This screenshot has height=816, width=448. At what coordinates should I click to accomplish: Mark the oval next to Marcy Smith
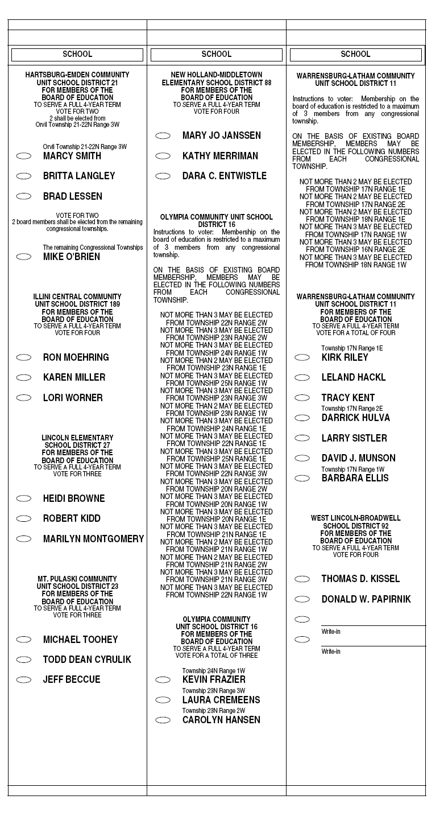[x=24, y=156]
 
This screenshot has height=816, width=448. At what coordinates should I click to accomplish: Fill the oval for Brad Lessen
[x=24, y=196]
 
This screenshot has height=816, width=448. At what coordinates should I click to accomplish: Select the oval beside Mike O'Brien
[x=24, y=257]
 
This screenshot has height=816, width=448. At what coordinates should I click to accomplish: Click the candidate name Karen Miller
[x=74, y=377]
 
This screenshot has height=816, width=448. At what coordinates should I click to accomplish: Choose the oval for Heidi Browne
[x=24, y=498]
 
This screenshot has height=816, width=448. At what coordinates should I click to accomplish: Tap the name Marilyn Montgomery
[x=93, y=539]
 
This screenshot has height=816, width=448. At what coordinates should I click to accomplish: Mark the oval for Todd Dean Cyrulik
[x=24, y=660]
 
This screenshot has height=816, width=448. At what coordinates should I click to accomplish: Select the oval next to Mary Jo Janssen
[x=163, y=136]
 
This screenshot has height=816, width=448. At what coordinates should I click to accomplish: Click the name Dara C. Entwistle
[x=224, y=176]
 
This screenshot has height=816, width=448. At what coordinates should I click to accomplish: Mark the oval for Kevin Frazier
[x=163, y=680]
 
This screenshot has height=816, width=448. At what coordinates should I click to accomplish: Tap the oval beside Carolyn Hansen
[x=163, y=720]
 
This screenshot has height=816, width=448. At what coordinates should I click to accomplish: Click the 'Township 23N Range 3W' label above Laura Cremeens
[x=213, y=691]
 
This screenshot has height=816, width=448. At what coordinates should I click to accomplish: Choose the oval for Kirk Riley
[x=302, y=357]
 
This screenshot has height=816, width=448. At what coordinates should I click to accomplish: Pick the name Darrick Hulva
[x=355, y=418]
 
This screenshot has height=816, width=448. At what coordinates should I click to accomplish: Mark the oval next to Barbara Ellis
[x=302, y=479]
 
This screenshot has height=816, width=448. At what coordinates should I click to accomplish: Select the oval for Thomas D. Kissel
[x=302, y=579]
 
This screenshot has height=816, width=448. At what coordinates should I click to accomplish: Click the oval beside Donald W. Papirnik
[x=302, y=599]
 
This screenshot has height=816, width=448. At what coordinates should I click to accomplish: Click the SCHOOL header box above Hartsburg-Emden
[x=77, y=55]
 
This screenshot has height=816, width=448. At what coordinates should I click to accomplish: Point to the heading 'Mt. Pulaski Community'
[x=77, y=579]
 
